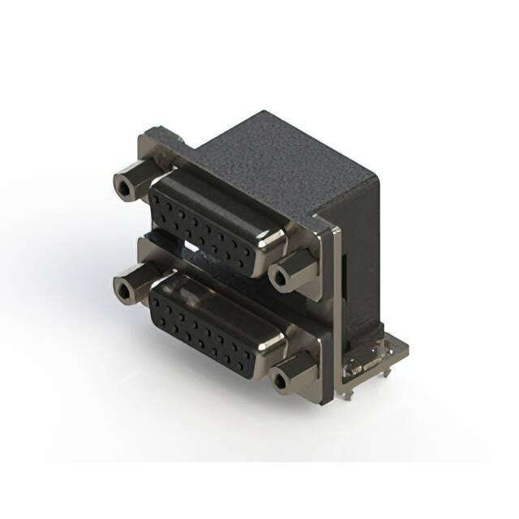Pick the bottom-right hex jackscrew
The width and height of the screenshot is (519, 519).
point(290,373)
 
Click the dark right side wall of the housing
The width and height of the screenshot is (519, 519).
point(361,268)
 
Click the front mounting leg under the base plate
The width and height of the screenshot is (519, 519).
point(347,393)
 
